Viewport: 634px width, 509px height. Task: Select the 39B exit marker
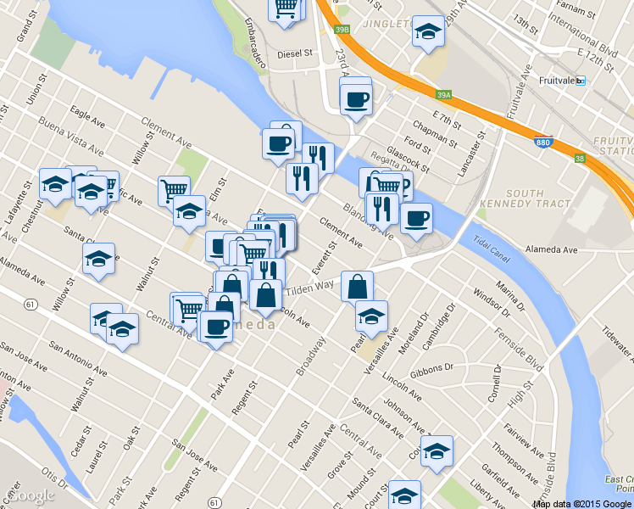tap(342, 30)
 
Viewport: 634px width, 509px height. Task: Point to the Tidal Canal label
tap(492, 241)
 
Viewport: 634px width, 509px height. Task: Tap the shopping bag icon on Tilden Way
tap(358, 287)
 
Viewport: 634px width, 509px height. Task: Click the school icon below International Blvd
tap(429, 32)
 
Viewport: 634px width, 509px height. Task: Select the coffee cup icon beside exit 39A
tap(355, 98)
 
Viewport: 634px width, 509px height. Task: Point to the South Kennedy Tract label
tap(523, 199)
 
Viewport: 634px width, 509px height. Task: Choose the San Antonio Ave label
tap(78, 360)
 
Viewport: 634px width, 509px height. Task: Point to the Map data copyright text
tap(581, 504)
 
